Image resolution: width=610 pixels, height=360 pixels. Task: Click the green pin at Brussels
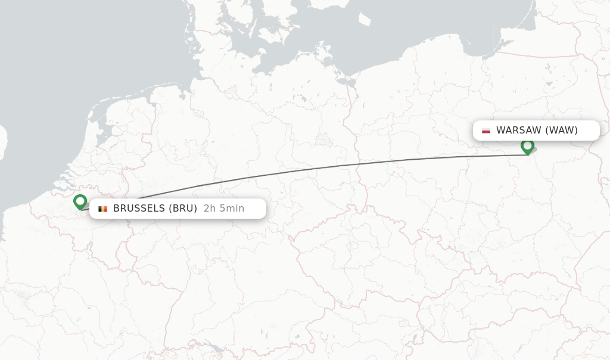tap(80, 202)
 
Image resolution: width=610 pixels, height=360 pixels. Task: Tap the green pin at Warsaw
tap(527, 145)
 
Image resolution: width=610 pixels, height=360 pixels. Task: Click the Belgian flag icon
tap(102, 209)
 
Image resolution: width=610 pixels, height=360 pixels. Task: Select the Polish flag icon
tap(486, 131)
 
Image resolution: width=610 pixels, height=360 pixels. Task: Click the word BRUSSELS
tap(139, 209)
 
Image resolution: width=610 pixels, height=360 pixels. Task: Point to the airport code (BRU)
tap(182, 209)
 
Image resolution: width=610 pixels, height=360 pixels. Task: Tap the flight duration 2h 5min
tap(224, 209)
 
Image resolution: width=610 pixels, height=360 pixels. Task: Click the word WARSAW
tap(519, 131)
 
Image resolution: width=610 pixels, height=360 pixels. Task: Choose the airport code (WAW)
tap(561, 131)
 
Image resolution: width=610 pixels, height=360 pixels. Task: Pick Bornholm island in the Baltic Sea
tap(365, 19)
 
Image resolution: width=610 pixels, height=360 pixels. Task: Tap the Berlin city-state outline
tap(324, 141)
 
